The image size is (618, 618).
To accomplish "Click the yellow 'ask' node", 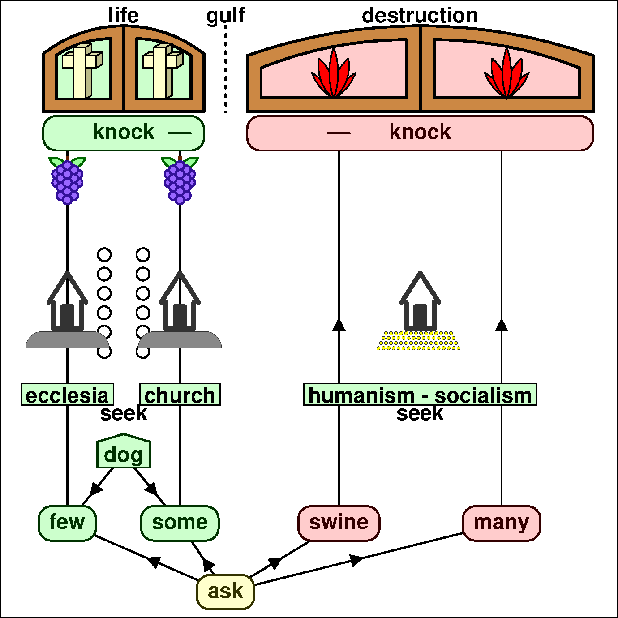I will pos(225,592).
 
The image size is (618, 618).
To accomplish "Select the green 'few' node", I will pos(67,523).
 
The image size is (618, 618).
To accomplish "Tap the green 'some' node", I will pos(180,523).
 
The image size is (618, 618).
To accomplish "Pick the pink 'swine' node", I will pos(339,523).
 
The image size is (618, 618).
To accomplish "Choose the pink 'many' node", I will pos(501,523).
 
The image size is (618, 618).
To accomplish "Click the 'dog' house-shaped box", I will pos(124,452).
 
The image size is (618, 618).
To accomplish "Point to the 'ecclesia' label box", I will pos(67,395).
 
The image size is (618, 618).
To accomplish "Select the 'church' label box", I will pos(180,395).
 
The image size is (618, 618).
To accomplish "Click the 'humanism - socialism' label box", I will pos(420,395).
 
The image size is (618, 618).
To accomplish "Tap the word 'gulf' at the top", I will pos(225,15).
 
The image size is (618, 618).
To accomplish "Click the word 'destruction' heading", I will pos(420,15).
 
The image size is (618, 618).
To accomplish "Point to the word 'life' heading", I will pos(124,15).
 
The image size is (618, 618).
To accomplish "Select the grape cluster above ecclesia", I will pos(67,180).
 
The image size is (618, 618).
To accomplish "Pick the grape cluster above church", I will pos(180,180).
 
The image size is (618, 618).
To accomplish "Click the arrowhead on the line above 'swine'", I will pos(339,324).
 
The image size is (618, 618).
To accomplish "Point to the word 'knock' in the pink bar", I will pos(420,132).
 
